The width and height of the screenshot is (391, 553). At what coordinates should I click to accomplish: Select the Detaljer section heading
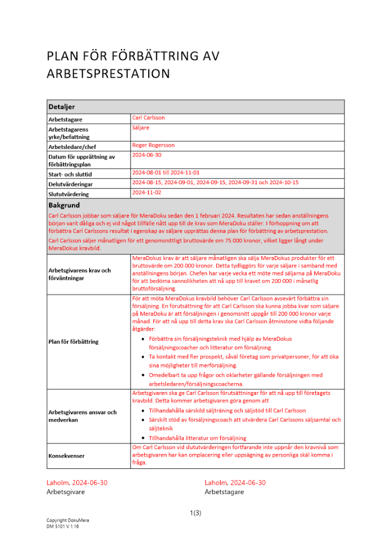pos(62,106)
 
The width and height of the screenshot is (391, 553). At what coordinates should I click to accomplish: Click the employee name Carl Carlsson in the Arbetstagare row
pos(148,118)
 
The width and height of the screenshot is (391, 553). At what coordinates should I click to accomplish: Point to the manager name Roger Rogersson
pos(153,145)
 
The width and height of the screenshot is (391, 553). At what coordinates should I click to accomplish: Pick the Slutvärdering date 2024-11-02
pos(147,192)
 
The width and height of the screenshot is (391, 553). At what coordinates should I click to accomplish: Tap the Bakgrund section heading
pos(65,205)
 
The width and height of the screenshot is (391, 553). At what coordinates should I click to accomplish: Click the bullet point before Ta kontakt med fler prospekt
pos(144,357)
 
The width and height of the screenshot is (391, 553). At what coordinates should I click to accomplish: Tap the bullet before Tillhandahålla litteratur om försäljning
pos(144,437)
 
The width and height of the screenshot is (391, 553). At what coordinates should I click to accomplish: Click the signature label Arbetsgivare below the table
pos(62,492)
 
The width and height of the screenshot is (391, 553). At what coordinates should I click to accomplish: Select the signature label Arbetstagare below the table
pos(224,492)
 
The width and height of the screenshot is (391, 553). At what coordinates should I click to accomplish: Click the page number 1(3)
pos(195,513)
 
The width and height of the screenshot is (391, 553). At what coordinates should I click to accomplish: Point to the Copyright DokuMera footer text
pos(68,521)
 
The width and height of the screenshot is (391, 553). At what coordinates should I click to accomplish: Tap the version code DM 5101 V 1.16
pos(62,528)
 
